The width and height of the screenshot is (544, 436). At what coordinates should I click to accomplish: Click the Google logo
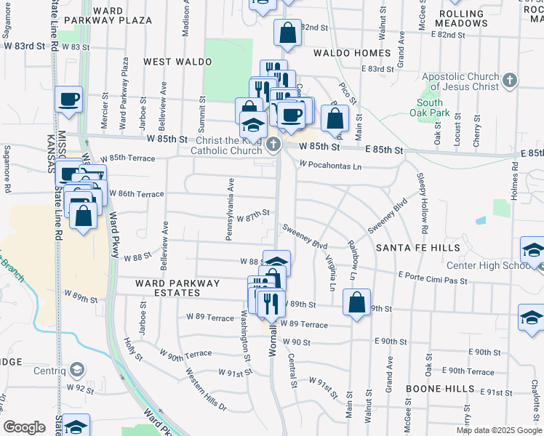(25, 427)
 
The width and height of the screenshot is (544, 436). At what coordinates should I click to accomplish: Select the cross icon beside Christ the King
(273, 145)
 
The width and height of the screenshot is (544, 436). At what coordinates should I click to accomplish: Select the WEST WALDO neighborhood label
(177, 62)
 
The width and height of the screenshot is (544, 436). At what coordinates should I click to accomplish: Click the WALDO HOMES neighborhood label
(352, 53)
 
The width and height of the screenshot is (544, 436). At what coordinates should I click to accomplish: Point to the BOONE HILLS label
(435, 389)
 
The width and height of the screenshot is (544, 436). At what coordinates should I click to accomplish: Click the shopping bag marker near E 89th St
(356, 304)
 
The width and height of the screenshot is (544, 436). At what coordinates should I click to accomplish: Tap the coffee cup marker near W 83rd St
(69, 100)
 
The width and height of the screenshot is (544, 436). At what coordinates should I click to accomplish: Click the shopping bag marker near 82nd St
(287, 33)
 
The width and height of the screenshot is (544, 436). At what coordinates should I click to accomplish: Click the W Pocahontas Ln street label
(330, 166)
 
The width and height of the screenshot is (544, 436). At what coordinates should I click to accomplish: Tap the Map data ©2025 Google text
(498, 430)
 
